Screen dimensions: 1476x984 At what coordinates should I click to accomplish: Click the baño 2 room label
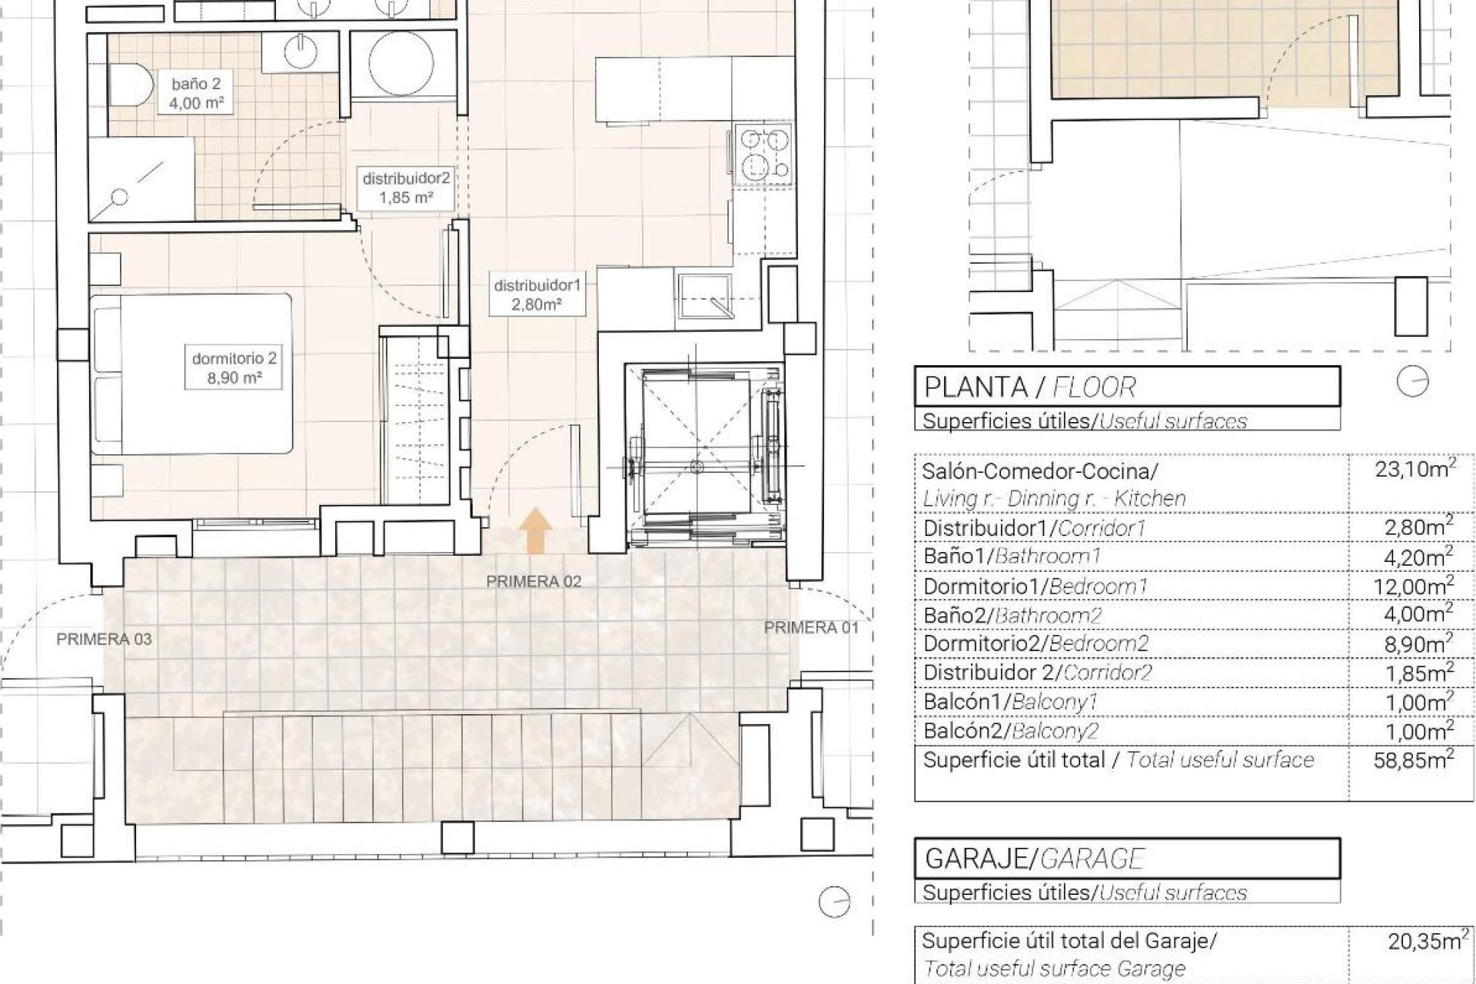coord(196,92)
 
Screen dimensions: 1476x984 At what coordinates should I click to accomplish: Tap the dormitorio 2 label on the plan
coord(234,367)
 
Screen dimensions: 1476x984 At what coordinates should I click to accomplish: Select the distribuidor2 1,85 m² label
coord(406,188)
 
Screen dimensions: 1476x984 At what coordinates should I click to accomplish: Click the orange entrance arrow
coord(535,531)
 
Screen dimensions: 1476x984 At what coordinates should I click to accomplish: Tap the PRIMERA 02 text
coord(534,582)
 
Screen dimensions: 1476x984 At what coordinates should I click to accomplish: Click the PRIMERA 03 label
coord(104,639)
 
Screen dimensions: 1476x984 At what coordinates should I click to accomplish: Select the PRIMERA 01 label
coord(811,628)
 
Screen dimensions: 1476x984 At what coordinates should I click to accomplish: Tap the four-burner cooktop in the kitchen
coord(763,154)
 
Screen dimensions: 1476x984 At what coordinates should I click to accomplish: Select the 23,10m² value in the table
coord(1415,470)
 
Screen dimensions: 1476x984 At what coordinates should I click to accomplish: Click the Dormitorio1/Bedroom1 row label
coord(1035,587)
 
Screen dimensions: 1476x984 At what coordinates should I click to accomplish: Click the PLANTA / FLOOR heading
coord(1029,387)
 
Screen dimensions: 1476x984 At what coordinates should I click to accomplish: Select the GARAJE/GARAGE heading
coord(1035,859)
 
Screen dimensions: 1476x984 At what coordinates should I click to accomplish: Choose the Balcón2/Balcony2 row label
coord(1011,730)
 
